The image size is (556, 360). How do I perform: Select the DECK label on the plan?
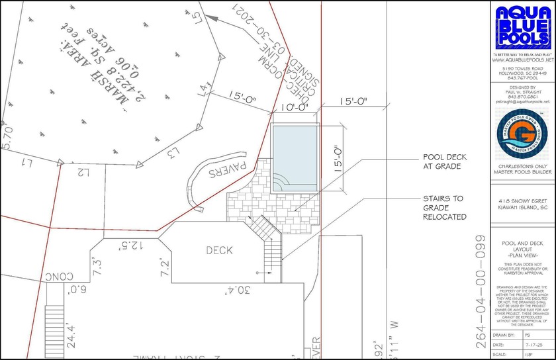click(x=219, y=250)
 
